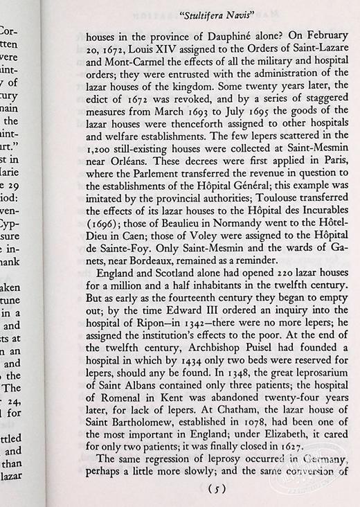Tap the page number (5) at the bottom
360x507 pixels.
click(217, 489)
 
